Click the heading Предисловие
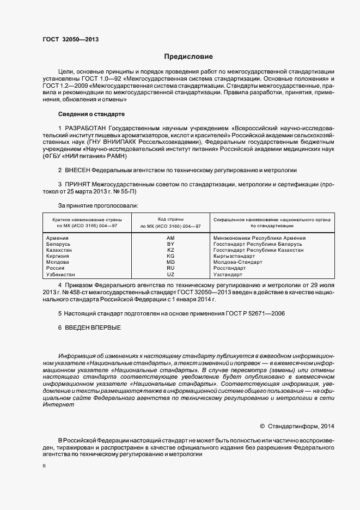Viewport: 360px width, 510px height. (x=189, y=56)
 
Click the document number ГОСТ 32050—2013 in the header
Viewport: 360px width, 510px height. (x=70, y=40)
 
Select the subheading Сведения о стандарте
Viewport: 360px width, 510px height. (x=91, y=114)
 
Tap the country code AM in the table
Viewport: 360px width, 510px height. (x=170, y=238)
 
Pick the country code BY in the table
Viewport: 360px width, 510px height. (x=170, y=244)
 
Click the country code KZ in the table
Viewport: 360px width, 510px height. (x=170, y=250)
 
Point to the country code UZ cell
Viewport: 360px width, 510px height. (x=170, y=274)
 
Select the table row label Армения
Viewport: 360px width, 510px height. (x=58, y=238)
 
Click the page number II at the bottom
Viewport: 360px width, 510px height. (x=44, y=467)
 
